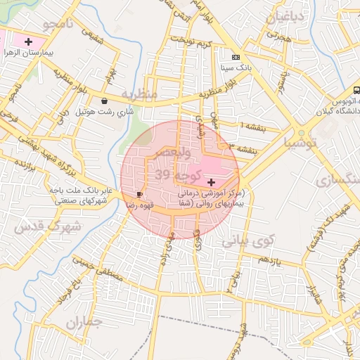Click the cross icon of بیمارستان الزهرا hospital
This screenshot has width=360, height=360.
27,42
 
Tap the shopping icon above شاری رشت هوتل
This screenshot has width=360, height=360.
105,101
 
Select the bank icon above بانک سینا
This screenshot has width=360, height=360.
235,57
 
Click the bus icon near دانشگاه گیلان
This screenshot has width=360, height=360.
356,90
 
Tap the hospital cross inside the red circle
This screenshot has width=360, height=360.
212,182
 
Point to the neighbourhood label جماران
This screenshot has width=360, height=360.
85,322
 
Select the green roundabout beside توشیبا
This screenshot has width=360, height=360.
301,131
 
